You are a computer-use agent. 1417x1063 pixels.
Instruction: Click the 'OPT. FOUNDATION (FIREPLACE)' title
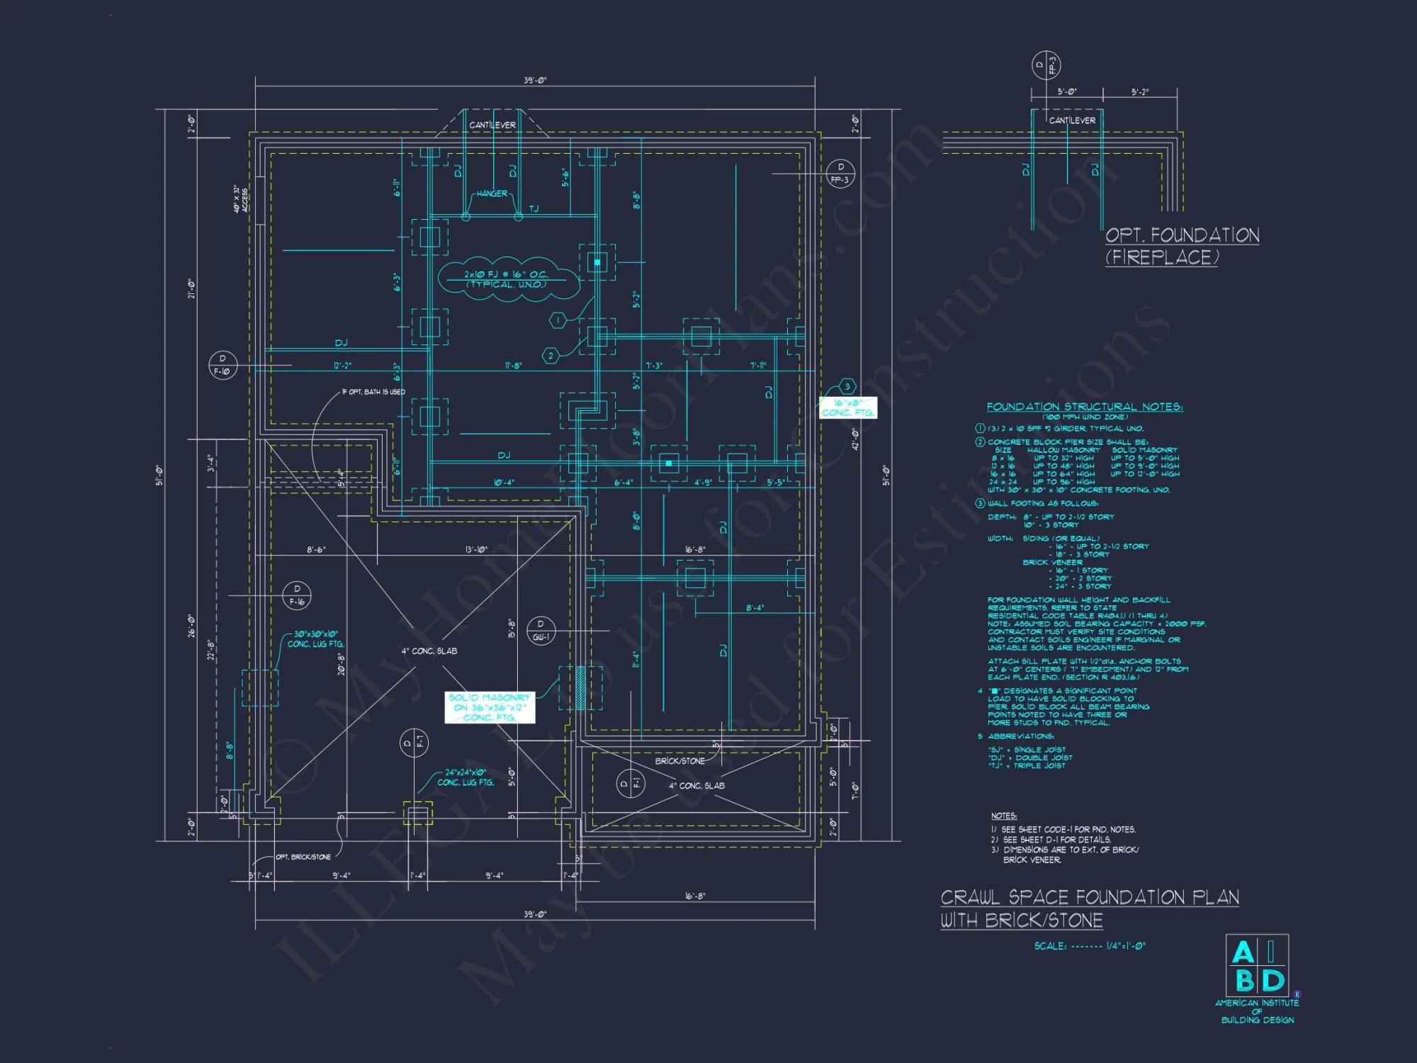[1182, 246]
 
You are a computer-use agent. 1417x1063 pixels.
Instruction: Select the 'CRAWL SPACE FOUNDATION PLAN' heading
[1089, 898]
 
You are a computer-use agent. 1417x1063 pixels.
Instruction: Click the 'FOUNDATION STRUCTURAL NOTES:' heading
[1084, 407]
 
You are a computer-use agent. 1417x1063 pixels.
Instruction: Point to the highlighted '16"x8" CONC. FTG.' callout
[847, 407]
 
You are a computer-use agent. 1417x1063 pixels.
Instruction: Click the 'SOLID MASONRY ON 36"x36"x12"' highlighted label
[489, 707]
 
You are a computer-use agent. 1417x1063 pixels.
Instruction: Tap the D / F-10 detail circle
[222, 365]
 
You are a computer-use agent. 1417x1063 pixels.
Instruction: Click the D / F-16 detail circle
[297, 595]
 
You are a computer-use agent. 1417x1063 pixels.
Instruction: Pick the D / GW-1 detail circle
[541, 630]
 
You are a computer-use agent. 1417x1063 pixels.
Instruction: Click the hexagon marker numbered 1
[558, 320]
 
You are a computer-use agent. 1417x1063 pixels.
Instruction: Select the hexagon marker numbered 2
[551, 356]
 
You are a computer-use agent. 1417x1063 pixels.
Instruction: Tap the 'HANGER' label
[492, 193]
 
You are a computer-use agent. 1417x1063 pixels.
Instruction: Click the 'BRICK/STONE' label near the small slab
[679, 761]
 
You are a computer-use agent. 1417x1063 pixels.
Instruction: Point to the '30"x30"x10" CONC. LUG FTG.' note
[315, 639]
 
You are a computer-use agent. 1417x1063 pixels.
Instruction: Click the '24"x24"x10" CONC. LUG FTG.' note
[465, 777]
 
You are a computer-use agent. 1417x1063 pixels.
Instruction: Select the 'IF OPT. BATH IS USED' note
[373, 392]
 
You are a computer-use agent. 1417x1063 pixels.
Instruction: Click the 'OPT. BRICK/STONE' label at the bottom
[303, 857]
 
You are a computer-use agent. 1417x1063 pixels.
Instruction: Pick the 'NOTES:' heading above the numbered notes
[1003, 816]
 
